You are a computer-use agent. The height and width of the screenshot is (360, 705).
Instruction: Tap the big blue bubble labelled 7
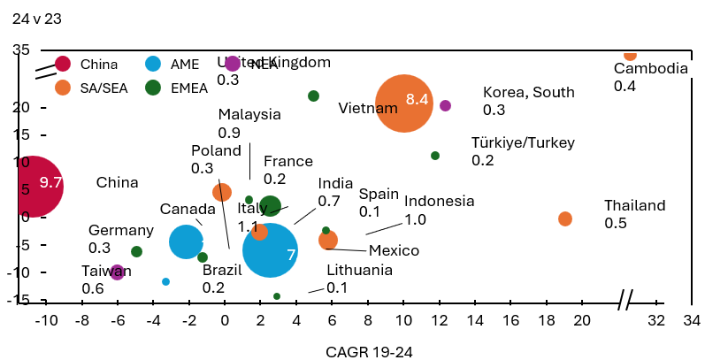click(270, 251)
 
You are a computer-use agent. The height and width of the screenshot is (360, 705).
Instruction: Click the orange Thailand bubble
click(565, 218)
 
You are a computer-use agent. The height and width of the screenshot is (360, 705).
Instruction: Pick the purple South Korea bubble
click(445, 105)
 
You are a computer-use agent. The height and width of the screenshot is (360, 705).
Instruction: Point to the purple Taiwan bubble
click(117, 272)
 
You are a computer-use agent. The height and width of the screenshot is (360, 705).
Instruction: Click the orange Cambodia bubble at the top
click(630, 55)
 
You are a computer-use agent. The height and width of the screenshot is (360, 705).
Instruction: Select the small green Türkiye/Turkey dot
click(435, 156)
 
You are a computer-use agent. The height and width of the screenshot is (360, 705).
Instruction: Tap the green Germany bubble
click(136, 252)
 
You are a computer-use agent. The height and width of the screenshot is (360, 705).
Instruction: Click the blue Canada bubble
click(186, 241)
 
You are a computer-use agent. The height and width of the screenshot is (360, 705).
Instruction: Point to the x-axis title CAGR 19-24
click(369, 351)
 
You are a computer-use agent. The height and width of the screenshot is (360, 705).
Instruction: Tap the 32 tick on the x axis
click(655, 320)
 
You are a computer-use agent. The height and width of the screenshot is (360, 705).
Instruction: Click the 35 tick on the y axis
click(20, 50)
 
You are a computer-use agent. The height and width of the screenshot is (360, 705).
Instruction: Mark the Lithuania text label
click(359, 270)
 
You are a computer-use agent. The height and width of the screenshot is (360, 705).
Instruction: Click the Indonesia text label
click(440, 201)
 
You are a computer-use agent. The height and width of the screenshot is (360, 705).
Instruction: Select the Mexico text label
click(394, 249)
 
